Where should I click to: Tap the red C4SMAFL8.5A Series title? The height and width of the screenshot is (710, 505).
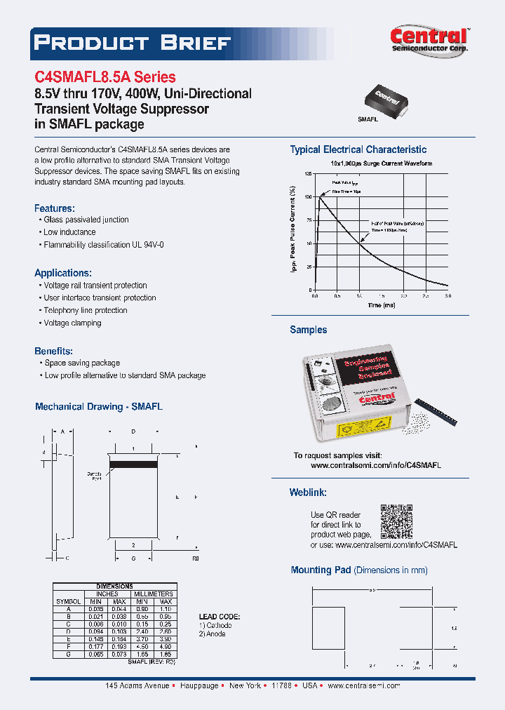(x=105, y=77)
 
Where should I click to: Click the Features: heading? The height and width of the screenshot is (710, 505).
(x=54, y=208)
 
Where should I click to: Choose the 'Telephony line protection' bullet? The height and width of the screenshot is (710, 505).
(x=86, y=310)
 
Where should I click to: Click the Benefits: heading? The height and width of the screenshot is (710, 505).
(x=54, y=351)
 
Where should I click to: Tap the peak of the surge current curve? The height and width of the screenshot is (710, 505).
(x=321, y=197)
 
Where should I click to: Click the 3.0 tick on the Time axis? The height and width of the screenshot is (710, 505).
(x=447, y=296)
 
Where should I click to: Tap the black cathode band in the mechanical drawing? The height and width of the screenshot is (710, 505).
(x=133, y=464)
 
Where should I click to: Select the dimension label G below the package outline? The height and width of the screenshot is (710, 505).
(x=133, y=558)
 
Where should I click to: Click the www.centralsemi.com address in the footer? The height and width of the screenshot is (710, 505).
(x=363, y=685)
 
